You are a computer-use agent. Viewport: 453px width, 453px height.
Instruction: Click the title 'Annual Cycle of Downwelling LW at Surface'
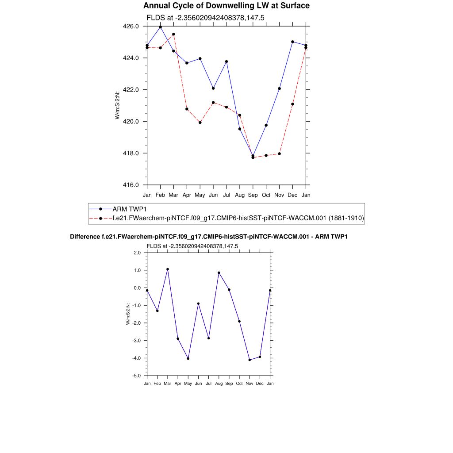tap(226, 6)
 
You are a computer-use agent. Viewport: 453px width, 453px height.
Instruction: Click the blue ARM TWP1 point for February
tap(160, 27)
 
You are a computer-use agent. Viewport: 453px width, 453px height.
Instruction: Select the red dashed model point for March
tap(173, 34)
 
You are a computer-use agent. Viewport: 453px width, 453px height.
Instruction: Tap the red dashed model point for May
tap(200, 123)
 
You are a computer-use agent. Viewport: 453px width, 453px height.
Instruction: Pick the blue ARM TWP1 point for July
tap(226, 61)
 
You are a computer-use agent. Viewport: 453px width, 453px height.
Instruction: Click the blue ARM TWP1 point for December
tap(292, 42)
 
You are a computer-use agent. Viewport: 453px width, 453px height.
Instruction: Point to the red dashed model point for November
tap(279, 154)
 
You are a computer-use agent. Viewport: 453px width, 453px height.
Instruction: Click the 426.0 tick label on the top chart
tap(131, 27)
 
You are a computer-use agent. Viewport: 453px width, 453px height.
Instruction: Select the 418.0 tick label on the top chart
tap(131, 154)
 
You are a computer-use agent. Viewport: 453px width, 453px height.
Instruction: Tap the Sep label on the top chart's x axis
tap(253, 195)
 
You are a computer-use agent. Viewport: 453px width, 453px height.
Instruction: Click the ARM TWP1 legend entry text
tap(129, 209)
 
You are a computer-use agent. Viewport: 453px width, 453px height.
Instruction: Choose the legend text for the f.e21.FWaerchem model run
tap(238, 218)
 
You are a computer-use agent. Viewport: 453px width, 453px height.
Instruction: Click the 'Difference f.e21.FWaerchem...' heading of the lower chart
tap(209, 237)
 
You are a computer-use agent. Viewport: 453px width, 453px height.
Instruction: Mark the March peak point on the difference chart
tap(168, 269)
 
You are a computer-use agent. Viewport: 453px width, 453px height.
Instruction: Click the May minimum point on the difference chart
tap(188, 358)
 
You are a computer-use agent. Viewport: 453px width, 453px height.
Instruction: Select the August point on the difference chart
tap(219, 273)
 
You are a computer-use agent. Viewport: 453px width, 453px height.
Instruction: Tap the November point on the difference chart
tap(250, 360)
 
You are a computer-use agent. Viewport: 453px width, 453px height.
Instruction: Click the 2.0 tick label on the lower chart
tap(137, 253)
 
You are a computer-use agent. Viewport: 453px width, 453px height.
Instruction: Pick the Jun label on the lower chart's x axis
tap(198, 384)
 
